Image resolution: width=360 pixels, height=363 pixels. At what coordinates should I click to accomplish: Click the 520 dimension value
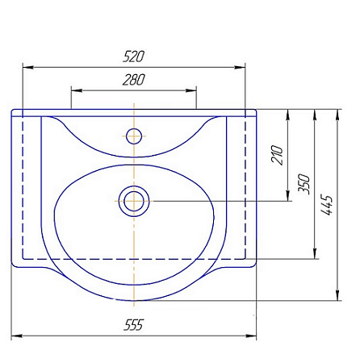(134, 56)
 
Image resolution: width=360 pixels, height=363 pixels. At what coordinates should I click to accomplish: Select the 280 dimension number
(134, 80)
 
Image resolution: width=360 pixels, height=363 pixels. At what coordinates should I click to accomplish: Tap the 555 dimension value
(134, 325)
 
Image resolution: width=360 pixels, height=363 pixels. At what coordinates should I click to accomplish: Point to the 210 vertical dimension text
(278, 155)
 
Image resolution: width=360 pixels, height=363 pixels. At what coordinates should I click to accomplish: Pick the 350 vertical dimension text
(304, 184)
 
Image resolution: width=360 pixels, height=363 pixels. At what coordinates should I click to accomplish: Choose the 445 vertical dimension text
(327, 205)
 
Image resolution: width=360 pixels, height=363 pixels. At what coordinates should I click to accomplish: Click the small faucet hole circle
(134, 136)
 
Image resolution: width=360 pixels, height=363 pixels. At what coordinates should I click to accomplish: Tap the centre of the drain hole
(134, 201)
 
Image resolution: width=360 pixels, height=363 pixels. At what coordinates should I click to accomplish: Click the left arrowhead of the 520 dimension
(28, 67)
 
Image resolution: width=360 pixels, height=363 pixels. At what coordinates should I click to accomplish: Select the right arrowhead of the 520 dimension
(240, 67)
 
